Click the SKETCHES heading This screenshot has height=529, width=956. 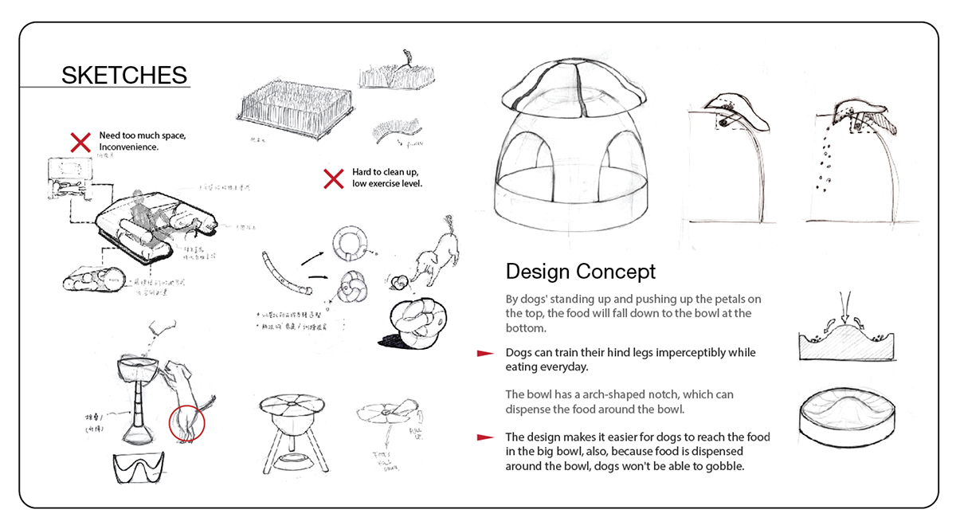[124, 76]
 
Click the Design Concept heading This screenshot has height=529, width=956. [581, 271]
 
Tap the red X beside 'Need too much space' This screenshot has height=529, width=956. [80, 143]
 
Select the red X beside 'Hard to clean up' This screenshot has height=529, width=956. [333, 178]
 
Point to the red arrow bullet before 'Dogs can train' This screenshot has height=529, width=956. [484, 353]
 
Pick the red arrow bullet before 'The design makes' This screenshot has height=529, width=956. [484, 437]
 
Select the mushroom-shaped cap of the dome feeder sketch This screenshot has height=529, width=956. [570, 92]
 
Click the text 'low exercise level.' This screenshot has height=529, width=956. [386, 185]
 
